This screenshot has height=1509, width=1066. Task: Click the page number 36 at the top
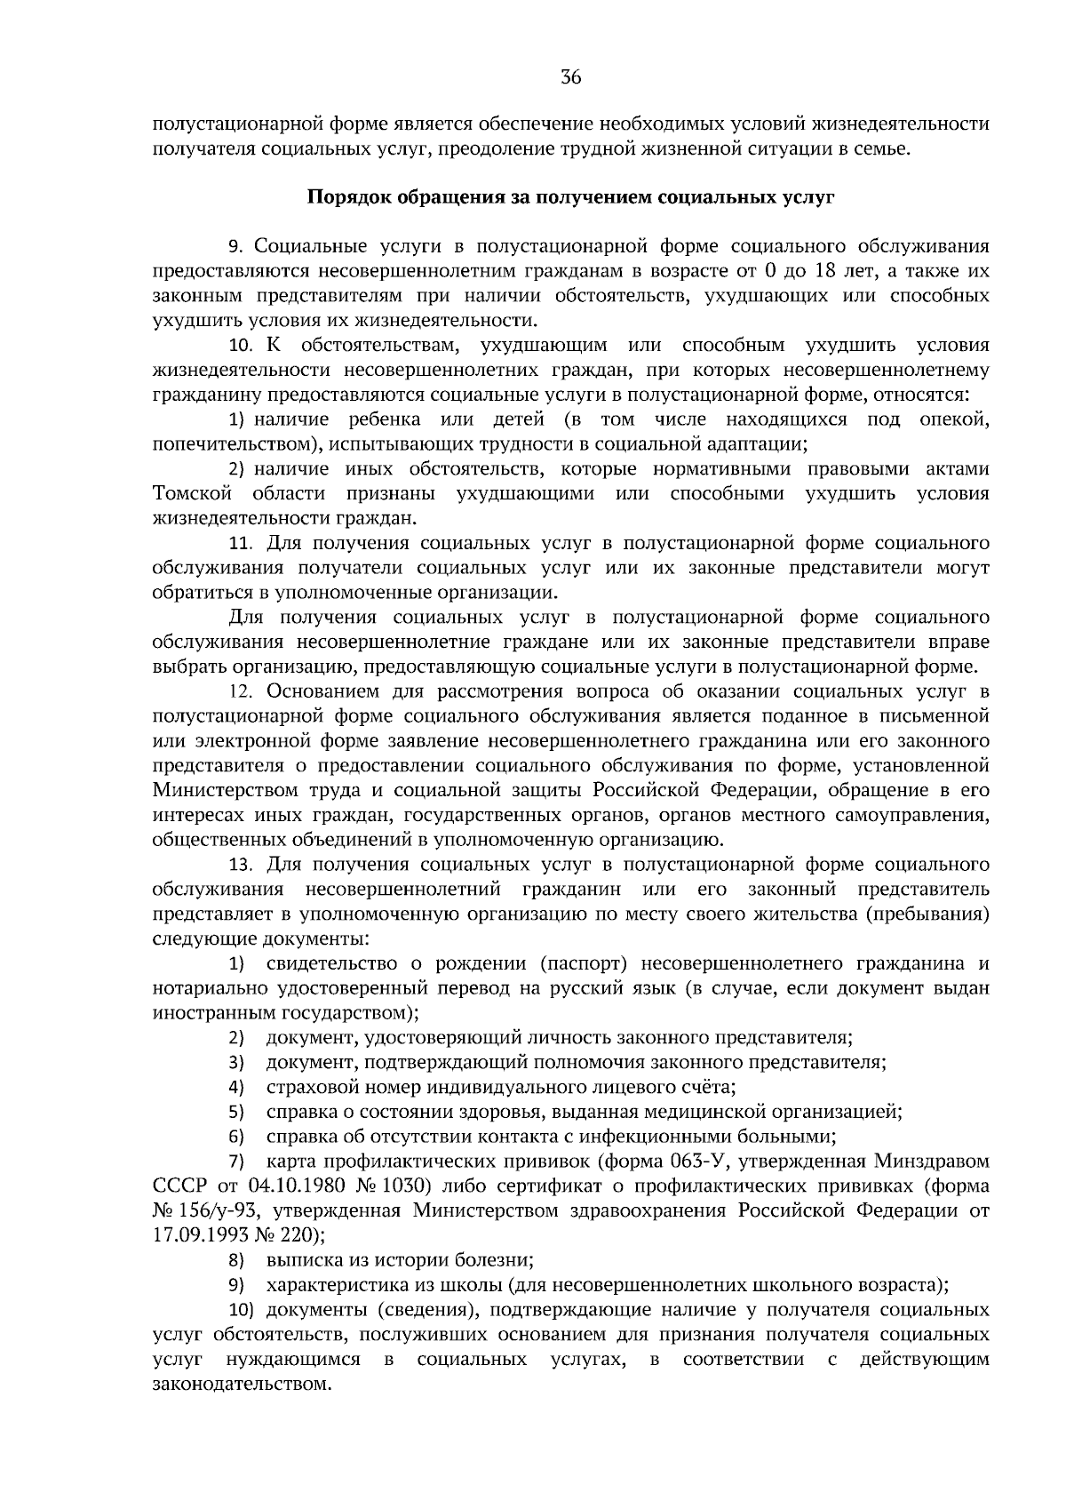tap(570, 78)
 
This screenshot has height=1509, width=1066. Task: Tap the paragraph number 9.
tap(235, 246)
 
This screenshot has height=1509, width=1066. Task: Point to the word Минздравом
tap(932, 1162)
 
